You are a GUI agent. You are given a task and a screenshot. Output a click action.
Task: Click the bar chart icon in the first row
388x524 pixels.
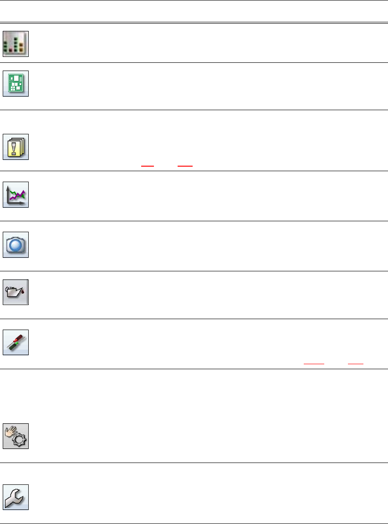point(16,44)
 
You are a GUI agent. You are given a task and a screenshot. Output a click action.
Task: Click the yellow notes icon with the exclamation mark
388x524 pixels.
point(16,147)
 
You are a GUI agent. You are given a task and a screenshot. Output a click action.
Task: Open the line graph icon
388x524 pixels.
point(16,195)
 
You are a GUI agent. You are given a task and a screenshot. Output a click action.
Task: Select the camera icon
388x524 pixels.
point(16,245)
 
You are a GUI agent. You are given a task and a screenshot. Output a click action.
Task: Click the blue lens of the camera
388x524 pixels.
point(16,246)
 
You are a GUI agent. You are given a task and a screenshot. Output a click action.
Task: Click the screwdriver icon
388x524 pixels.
point(16,342)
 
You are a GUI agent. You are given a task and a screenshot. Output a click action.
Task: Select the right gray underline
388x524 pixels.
point(355,364)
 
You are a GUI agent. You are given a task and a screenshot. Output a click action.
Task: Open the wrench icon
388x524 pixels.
point(16,497)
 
